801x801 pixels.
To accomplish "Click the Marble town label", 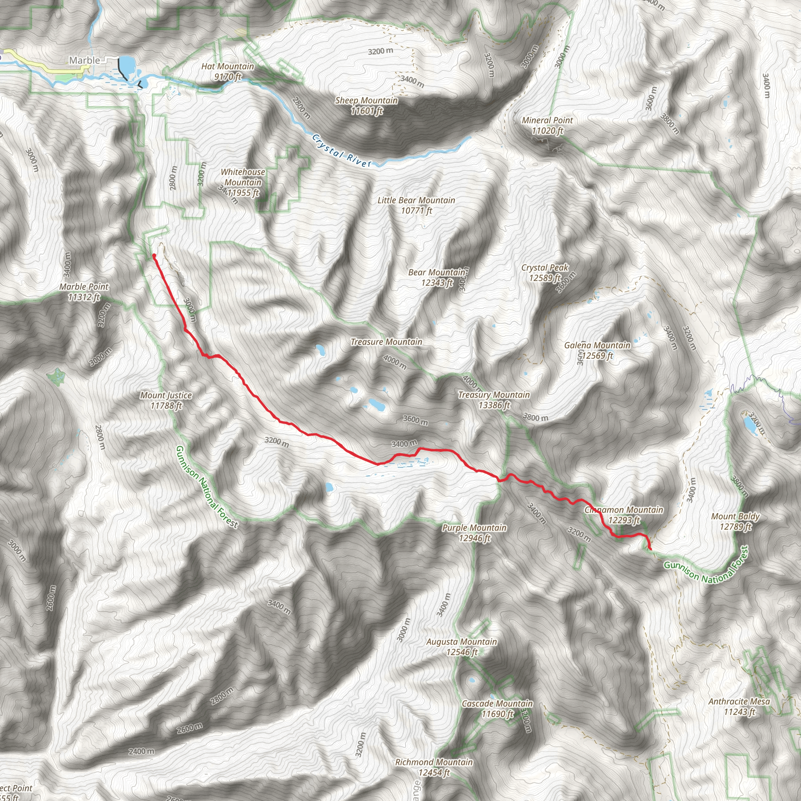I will tap(84, 61).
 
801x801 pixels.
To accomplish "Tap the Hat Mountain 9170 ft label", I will tap(228, 71).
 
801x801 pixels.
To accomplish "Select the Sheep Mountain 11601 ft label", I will tap(366, 105).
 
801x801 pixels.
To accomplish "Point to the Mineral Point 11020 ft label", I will tap(547, 125).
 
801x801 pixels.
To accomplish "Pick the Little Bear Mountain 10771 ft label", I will tap(416, 205).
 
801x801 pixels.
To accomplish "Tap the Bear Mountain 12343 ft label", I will tap(436, 277).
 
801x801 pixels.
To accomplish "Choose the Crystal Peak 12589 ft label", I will tap(545, 272).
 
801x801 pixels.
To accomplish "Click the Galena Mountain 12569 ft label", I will tap(597, 350).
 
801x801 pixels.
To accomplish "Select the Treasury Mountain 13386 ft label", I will tap(494, 400).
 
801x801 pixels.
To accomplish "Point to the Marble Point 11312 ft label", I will tap(84, 291).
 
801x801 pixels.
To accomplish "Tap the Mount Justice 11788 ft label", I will tap(166, 400).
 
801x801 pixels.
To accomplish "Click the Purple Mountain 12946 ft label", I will tap(474, 533).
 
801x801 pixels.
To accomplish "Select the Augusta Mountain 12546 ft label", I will tap(462, 647).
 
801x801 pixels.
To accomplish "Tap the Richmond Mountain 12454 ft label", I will tap(434, 767).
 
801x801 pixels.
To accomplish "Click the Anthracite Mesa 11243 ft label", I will tap(739, 706).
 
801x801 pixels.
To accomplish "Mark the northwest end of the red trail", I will tap(154, 255).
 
